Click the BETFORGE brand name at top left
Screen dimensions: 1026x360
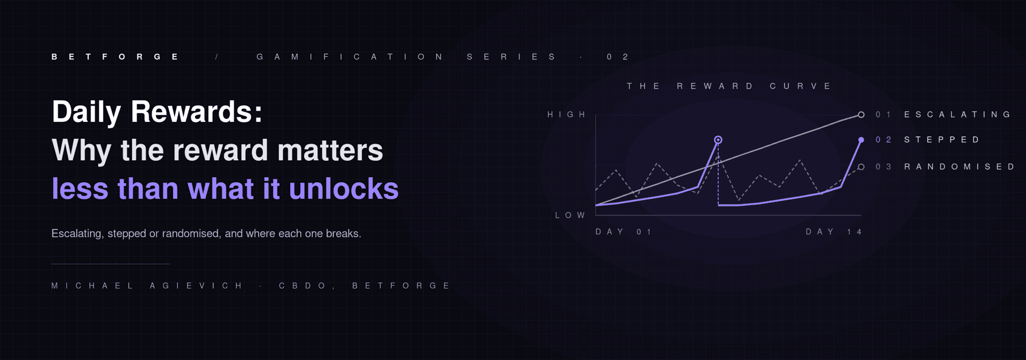point(115,57)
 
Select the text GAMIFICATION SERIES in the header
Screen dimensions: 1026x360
point(406,57)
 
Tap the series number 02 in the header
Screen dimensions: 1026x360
point(618,57)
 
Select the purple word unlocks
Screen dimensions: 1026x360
point(344,189)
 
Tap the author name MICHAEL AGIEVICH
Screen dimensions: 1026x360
point(147,286)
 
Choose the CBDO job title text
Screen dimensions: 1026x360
point(302,286)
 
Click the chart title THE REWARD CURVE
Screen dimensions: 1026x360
point(729,86)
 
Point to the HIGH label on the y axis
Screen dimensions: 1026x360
point(566,114)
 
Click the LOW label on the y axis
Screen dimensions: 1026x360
point(570,215)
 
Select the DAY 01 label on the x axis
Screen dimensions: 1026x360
point(624,232)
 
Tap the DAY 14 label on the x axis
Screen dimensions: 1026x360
point(834,232)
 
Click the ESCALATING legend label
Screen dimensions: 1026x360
point(957,114)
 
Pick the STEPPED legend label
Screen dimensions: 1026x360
point(942,140)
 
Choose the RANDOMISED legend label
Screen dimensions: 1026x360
point(959,167)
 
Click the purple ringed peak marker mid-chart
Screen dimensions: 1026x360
point(718,140)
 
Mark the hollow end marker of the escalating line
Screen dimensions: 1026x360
point(861,115)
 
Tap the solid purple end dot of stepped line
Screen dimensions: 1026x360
point(861,140)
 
